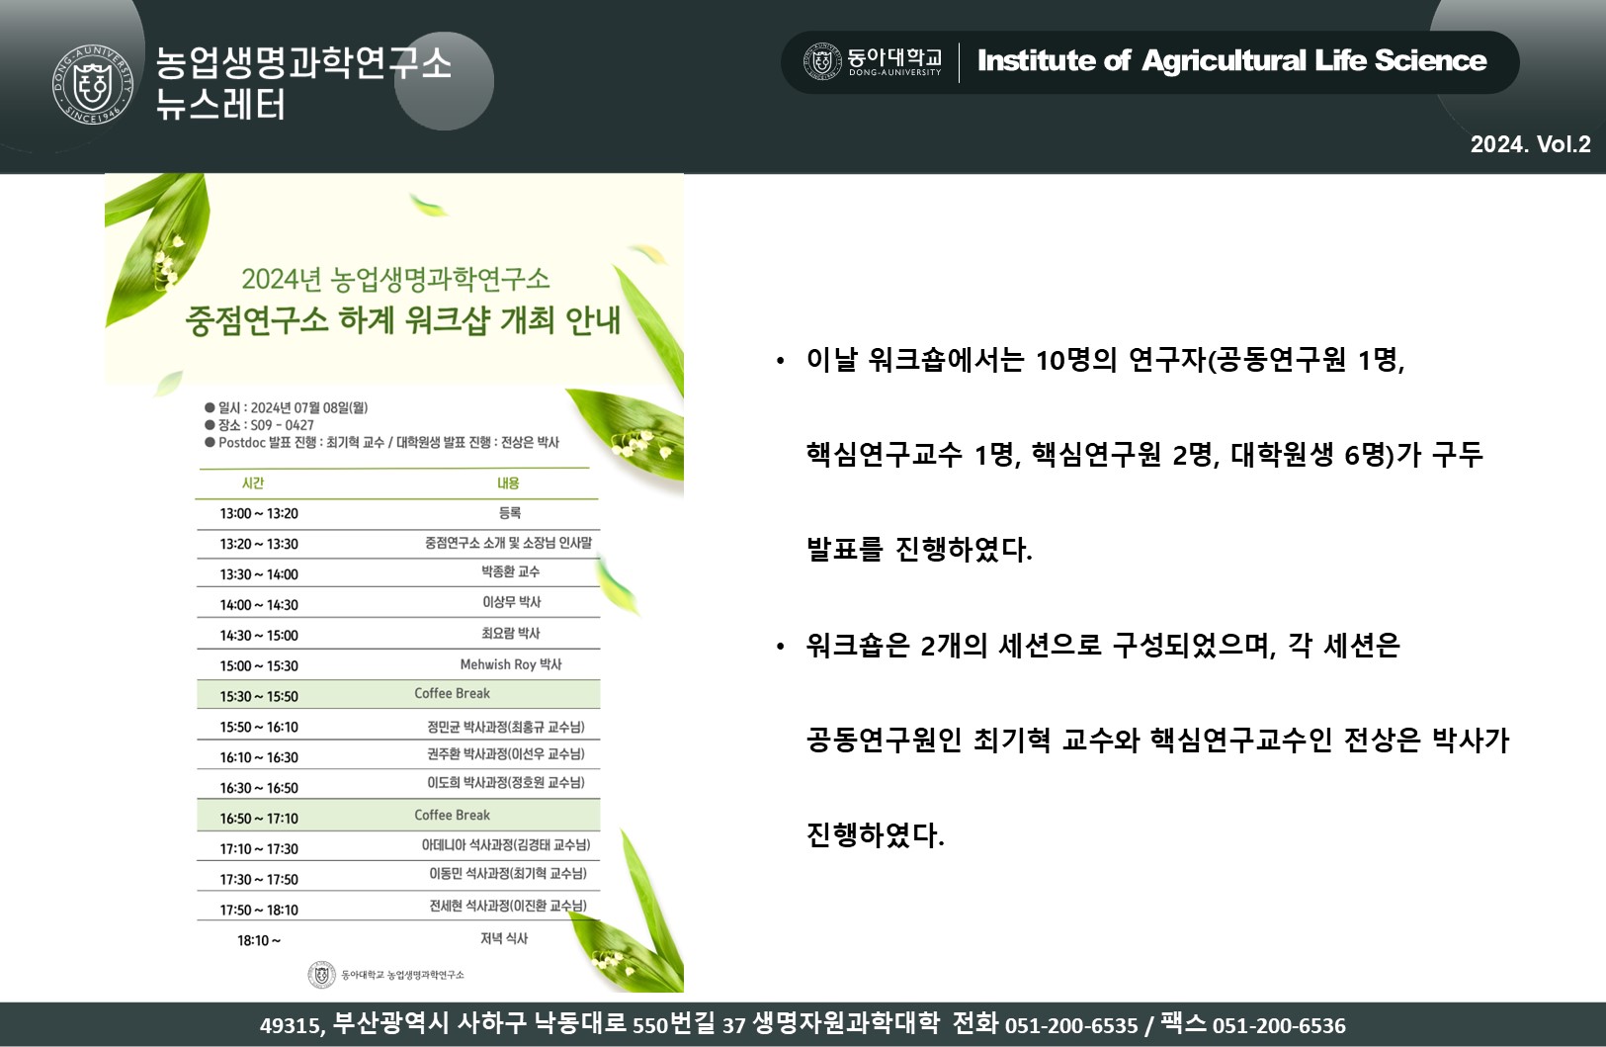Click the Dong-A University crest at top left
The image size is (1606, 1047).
click(x=93, y=85)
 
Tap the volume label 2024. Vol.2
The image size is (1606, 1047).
click(x=1531, y=145)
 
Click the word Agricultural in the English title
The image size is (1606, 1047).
click(x=1224, y=61)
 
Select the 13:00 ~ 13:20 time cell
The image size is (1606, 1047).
click(x=259, y=513)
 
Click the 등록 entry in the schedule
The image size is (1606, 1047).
click(x=510, y=513)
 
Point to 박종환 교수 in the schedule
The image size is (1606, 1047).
click(x=511, y=571)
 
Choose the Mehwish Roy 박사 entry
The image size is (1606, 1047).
click(x=511, y=664)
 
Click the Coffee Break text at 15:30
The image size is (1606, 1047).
click(x=453, y=693)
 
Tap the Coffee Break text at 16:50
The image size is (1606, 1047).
click(x=453, y=816)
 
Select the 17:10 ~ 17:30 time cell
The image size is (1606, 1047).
click(x=259, y=849)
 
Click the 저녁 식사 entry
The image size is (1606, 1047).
click(x=504, y=938)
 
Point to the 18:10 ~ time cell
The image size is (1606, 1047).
click(x=259, y=941)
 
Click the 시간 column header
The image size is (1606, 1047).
click(x=253, y=483)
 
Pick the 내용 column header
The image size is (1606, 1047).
click(x=508, y=483)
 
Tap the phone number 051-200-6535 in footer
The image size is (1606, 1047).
click(x=1071, y=1026)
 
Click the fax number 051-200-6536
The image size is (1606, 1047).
click(x=1279, y=1026)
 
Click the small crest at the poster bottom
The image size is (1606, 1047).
click(x=321, y=975)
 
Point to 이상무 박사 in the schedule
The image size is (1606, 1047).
click(x=511, y=602)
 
